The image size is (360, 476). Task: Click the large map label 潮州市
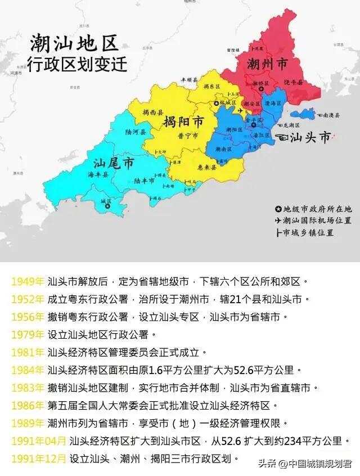tap(267, 65)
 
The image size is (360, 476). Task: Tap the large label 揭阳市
tap(183, 122)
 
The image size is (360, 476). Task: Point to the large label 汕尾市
tap(114, 163)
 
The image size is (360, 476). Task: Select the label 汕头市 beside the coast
tap(309, 137)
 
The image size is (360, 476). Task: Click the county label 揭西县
tap(153, 111)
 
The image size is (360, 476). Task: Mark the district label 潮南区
tap(224, 149)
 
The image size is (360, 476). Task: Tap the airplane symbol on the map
tap(241, 111)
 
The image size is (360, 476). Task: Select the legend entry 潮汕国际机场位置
tap(317, 220)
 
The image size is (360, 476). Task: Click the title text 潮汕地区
tap(74, 43)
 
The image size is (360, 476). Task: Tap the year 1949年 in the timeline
tap(27, 281)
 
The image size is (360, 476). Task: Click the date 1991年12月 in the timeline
tap(38, 458)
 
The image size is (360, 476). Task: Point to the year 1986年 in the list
tap(27, 405)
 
